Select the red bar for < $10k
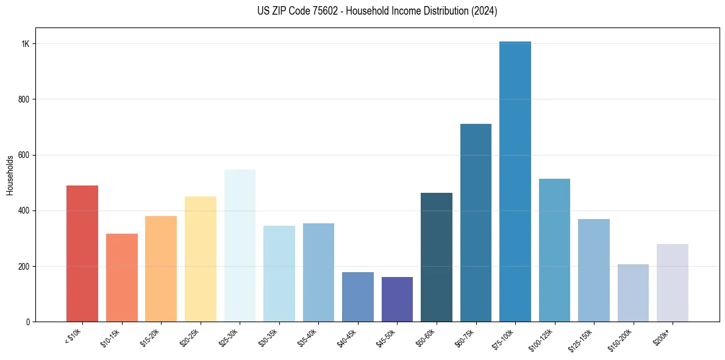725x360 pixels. pos(82,253)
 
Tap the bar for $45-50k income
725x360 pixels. pos(397,299)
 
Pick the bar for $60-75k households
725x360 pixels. pos(476,223)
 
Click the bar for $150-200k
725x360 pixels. pos(633,293)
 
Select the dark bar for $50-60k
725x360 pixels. pos(437,257)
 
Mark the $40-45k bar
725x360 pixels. pos(358,297)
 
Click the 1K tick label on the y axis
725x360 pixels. pos(26,44)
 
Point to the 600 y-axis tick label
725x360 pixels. pos(24,155)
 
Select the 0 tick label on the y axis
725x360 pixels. pos(28,322)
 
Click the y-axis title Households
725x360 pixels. pos(10,175)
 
